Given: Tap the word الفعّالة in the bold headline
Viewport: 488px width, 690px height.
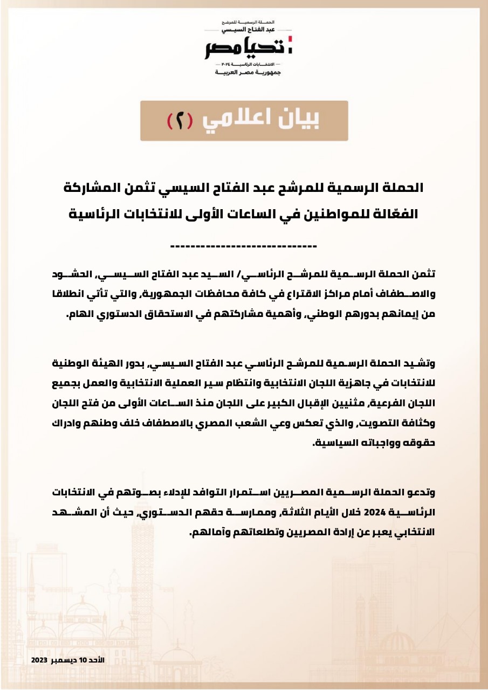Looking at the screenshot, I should point(395,213).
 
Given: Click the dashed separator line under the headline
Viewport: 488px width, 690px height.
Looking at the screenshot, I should point(244,246).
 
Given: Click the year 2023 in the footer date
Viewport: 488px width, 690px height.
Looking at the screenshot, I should point(40,661).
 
